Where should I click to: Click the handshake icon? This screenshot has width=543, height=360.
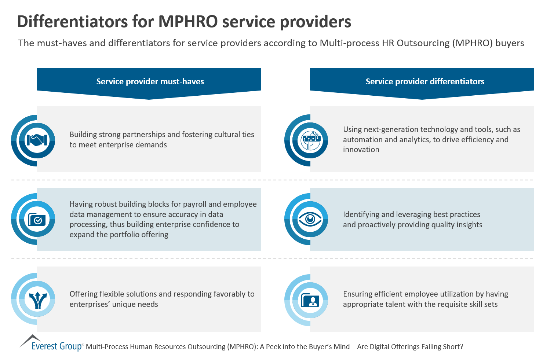click(x=37, y=140)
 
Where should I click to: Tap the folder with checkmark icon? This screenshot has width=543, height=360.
click(x=37, y=220)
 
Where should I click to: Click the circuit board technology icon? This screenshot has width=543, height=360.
click(x=310, y=140)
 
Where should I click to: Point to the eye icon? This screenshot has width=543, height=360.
click(x=310, y=220)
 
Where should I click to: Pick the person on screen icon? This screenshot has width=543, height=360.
click(x=310, y=300)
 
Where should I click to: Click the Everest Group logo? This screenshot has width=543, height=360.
click(x=51, y=344)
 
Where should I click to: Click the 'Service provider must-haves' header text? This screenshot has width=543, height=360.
click(x=150, y=81)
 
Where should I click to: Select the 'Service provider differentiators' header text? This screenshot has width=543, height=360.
click(x=425, y=81)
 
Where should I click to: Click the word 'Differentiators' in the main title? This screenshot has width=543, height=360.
click(x=72, y=22)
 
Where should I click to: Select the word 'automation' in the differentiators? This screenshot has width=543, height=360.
click(x=362, y=140)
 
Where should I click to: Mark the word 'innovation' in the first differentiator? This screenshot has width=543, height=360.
click(x=361, y=150)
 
